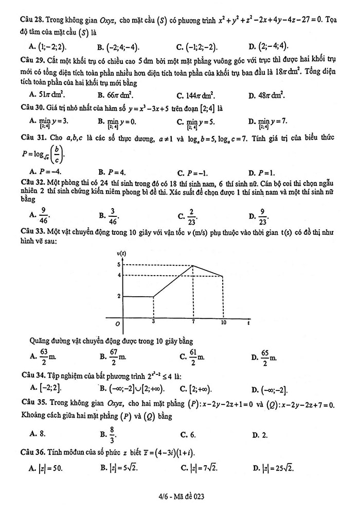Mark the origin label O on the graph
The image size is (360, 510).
[118, 324]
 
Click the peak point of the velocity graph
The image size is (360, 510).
[193, 265]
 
